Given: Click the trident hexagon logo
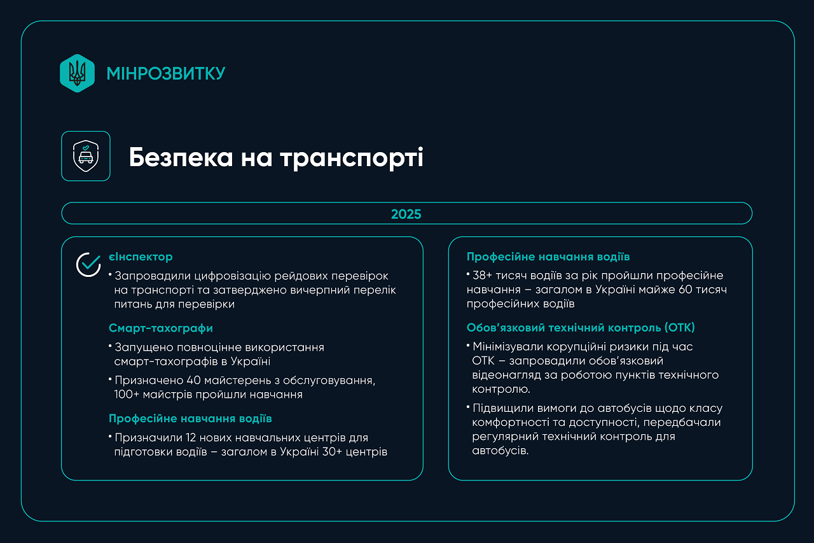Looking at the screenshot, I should pyautogui.click(x=77, y=73).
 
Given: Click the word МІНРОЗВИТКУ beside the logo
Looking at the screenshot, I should pyautogui.click(x=166, y=74).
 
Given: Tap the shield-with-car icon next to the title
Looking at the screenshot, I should pyautogui.click(x=86, y=156).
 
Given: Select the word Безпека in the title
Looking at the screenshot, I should pyautogui.click(x=181, y=157).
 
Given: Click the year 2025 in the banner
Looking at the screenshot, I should pyautogui.click(x=406, y=214).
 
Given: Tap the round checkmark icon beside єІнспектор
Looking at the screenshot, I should pyautogui.click(x=88, y=264).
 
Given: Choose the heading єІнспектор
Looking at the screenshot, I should pyautogui.click(x=141, y=257).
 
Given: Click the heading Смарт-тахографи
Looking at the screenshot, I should pyautogui.click(x=161, y=328).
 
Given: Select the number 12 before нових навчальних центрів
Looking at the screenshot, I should pyautogui.click(x=185, y=438).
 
